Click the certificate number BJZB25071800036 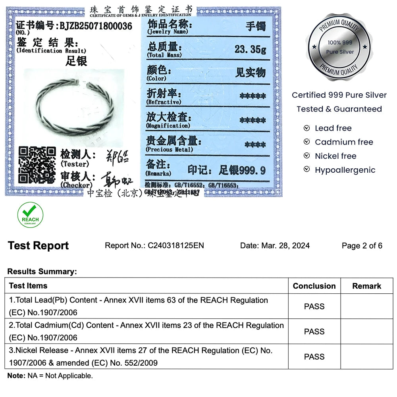point(96,26)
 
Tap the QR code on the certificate point(37,165)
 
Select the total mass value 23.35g point(250,49)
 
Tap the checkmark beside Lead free point(306,128)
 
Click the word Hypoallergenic point(345,170)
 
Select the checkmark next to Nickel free point(306,156)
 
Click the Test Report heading point(38,246)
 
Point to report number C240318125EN point(176,245)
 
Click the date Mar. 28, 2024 point(285,245)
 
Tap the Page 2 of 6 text point(362,245)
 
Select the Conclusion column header point(314,286)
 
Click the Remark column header point(366,286)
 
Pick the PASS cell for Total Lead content point(314,306)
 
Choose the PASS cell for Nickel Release point(314,357)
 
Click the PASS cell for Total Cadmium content point(314,331)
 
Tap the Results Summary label point(42,272)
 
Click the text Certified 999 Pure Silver point(339,95)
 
